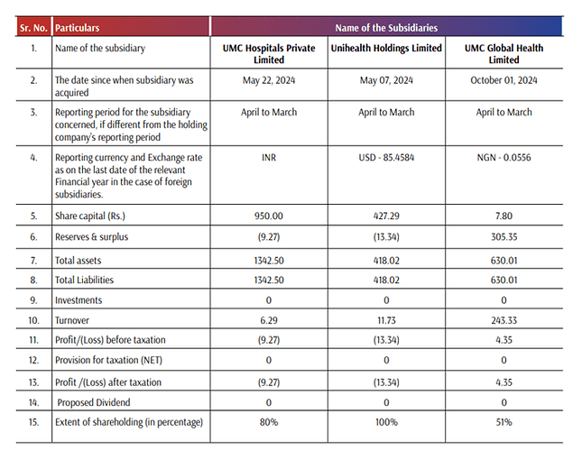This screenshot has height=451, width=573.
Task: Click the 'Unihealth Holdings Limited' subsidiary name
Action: tap(386, 47)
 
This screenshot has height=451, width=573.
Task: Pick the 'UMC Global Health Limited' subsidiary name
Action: tap(504, 52)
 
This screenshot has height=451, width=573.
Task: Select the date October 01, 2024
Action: tap(504, 80)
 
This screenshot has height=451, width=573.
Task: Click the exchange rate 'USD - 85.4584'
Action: tap(386, 158)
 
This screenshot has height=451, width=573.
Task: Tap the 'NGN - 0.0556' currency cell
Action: tap(504, 158)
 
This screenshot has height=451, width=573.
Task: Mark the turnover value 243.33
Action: tap(504, 321)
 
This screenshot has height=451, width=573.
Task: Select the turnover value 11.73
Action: tap(386, 321)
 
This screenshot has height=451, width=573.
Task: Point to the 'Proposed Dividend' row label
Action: tap(95, 402)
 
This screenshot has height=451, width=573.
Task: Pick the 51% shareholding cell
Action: tap(504, 423)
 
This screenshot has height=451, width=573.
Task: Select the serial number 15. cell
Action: tap(33, 423)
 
